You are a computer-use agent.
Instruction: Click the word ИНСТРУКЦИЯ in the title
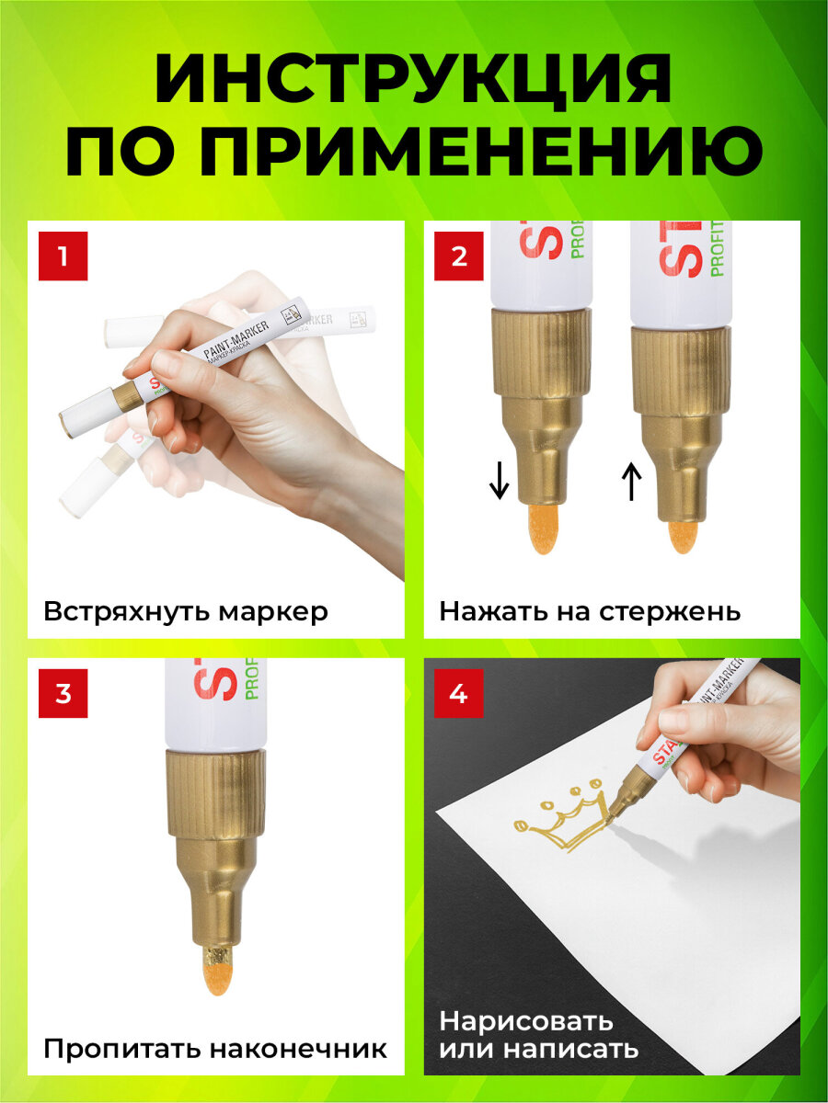(414, 81)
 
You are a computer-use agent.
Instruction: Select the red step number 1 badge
(63, 256)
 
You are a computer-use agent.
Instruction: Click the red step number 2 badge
(459, 256)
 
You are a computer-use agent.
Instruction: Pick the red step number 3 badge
(63, 693)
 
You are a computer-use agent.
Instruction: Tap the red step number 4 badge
(459, 693)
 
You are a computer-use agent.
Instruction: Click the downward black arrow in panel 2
(499, 480)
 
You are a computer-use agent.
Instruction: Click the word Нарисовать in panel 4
(525, 1021)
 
